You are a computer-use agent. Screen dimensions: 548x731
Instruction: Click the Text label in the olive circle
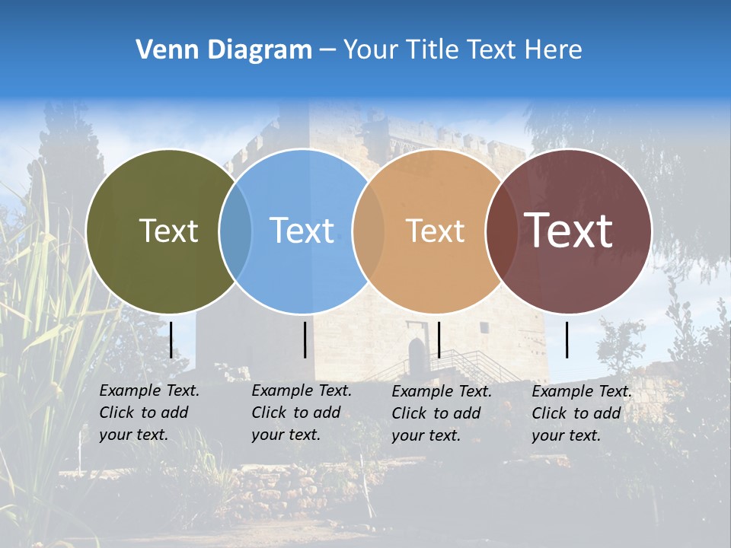click(168, 231)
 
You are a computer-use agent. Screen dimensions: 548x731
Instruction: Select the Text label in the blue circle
click(302, 231)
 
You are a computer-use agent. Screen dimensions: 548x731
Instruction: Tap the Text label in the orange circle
click(435, 231)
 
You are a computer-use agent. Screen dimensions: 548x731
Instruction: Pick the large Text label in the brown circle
click(568, 231)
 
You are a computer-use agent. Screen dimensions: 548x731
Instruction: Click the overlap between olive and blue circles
click(235, 231)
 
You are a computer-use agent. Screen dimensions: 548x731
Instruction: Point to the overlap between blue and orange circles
click(369, 231)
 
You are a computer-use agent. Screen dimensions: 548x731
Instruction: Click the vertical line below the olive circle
click(171, 339)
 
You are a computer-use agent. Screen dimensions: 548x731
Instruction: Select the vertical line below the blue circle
click(305, 339)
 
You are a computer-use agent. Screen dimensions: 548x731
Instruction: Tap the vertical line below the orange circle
click(439, 339)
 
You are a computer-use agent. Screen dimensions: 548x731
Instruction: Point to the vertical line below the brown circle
click(567, 339)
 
